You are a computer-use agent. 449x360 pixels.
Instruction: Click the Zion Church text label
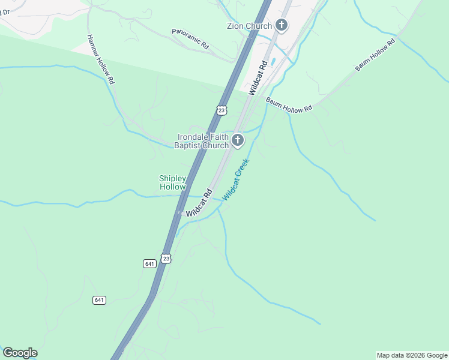249,26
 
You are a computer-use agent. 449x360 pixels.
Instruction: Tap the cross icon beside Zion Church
282,25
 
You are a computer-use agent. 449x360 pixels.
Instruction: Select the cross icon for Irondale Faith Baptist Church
238,141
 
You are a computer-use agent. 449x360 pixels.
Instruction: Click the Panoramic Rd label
190,39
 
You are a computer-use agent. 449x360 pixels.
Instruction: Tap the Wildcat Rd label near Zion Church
258,77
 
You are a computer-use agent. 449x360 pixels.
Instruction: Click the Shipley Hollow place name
172,182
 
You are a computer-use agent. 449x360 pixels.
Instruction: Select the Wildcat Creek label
235,179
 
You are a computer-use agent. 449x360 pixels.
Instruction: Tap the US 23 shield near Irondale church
221,110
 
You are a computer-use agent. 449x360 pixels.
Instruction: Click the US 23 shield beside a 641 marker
166,258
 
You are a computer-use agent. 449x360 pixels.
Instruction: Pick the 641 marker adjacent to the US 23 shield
149,263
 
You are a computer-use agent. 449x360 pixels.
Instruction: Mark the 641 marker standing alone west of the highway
100,299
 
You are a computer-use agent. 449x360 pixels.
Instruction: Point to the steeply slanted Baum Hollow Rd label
375,54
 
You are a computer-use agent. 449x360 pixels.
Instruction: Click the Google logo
20,353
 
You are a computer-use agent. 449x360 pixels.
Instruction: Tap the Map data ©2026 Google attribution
412,355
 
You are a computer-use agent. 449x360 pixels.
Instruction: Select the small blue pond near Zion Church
274,61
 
